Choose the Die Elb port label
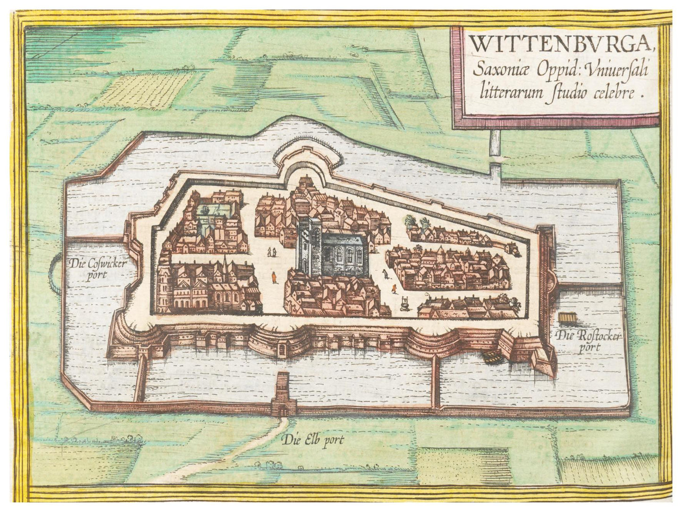pyautogui.click(x=314, y=441)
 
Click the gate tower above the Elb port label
pyautogui.click(x=283, y=392)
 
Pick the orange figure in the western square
pyautogui.click(x=273, y=278)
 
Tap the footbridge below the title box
pyautogui.click(x=494, y=154)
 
